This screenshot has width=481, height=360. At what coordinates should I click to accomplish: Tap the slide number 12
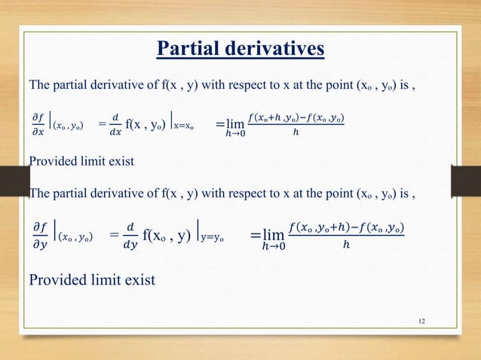click(421, 322)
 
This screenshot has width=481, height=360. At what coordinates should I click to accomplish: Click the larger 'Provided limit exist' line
click(91, 280)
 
